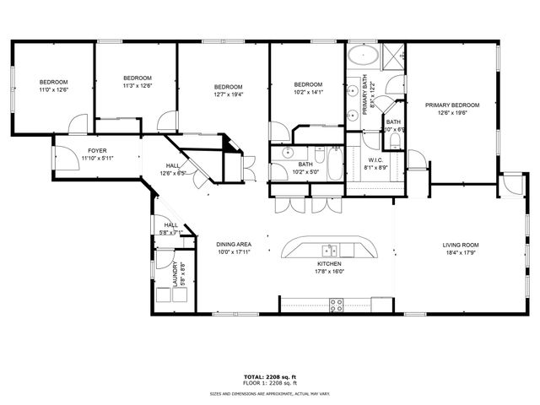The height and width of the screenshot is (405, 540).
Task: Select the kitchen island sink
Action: coord(330,250)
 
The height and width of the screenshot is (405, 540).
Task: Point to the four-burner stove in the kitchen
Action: coord(336,305)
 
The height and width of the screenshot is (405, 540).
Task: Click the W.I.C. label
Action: coord(375,160)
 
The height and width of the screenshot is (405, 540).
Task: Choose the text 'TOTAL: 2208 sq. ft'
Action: coord(269,376)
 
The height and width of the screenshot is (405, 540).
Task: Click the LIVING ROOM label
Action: coord(461,246)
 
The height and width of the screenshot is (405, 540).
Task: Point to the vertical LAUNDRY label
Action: coord(175,275)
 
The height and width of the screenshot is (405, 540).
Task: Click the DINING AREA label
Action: coord(234,244)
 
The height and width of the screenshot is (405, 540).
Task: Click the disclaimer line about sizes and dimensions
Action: coord(269,393)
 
